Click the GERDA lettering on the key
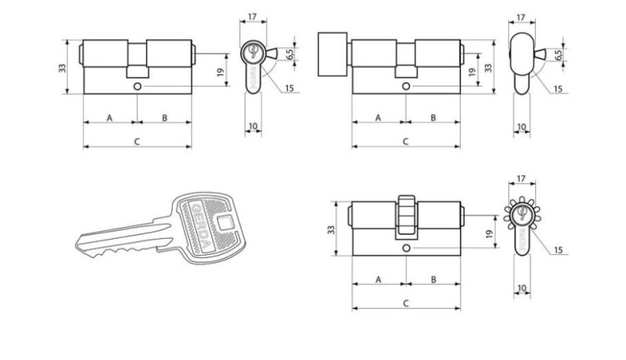[200, 226]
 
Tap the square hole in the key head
[225, 222]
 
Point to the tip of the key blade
[77, 244]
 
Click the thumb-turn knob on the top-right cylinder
[332, 54]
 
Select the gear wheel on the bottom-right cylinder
[406, 217]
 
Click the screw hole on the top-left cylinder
[138, 86]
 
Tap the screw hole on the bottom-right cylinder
[406, 248]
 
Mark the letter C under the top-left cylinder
[137, 141]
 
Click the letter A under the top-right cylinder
[378, 118]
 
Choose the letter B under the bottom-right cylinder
[433, 279]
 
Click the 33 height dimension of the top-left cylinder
[63, 67]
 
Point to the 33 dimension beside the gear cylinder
[331, 230]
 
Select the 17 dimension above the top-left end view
[252, 17]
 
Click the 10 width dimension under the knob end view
[522, 127]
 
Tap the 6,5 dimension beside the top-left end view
[290, 53]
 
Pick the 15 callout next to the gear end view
[558, 250]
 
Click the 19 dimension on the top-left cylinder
[220, 73]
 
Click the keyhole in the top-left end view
[252, 52]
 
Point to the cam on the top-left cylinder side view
[138, 72]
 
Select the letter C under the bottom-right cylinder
[406, 303]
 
